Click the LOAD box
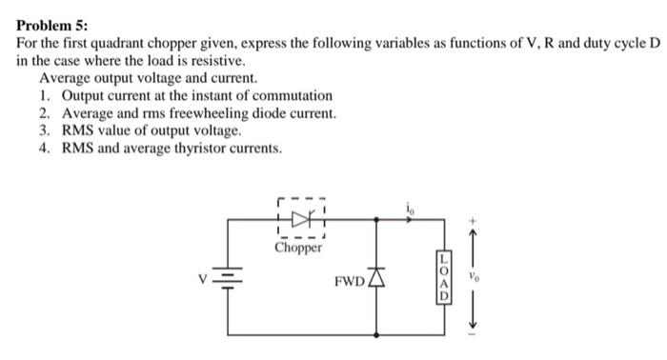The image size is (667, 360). point(443,277)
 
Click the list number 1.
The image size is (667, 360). point(45,96)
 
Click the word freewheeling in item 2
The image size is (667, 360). point(231,114)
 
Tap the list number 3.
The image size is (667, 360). point(45,131)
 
